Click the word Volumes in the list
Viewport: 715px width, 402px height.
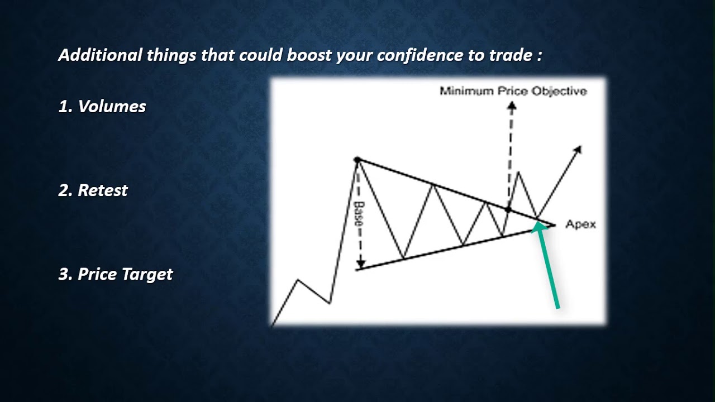(x=112, y=107)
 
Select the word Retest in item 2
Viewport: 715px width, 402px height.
(x=103, y=190)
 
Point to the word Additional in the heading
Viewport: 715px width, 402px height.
(x=100, y=55)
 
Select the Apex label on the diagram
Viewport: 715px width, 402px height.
(x=580, y=224)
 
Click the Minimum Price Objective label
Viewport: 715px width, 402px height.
(x=513, y=91)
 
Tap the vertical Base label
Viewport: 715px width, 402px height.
(x=358, y=213)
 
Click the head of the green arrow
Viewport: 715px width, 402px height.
(x=537, y=226)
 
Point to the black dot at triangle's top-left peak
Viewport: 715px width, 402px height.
(x=357, y=160)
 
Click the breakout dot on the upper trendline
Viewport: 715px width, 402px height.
(x=508, y=209)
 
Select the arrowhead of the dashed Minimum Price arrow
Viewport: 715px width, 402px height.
(x=512, y=106)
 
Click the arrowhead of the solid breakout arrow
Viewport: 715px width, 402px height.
(x=578, y=150)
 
